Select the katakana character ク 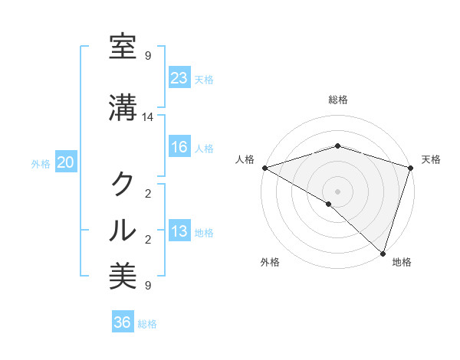[x=123, y=185]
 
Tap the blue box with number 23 [x=179, y=78]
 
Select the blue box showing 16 [x=179, y=147]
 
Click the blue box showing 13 [x=179, y=231]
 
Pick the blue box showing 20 [x=66, y=162]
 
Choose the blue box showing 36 [x=122, y=322]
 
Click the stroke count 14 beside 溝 [x=148, y=116]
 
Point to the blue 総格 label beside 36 [x=147, y=324]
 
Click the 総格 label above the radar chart [x=337, y=100]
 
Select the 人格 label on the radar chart [x=245, y=159]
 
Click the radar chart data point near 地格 [x=383, y=253]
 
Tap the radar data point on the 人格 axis [x=264, y=168]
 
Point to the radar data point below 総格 [x=337, y=146]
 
